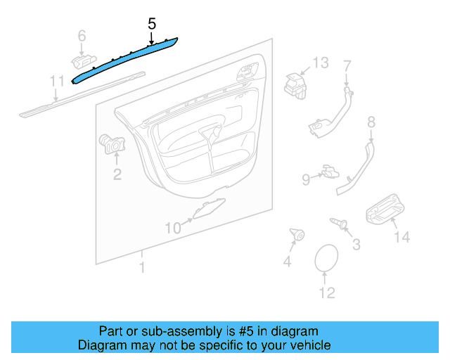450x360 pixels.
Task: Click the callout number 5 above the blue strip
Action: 151,23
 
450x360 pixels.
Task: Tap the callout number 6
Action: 82,34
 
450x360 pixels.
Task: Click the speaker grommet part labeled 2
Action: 110,143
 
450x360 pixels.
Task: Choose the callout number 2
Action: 117,173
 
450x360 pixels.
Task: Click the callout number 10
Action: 173,226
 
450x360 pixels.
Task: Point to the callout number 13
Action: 320,63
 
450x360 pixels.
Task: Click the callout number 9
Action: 306,179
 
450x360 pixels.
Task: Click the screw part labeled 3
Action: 341,224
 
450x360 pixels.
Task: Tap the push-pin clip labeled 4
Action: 297,235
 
